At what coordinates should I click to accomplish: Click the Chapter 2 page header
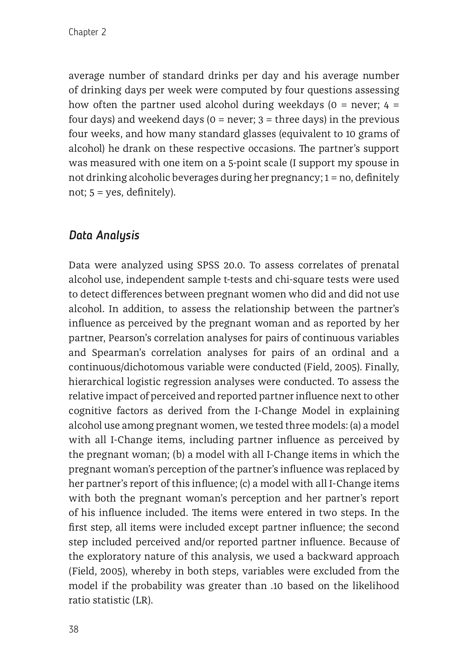(87, 32)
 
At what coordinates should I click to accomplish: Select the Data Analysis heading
(104, 235)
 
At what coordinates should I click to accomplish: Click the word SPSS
(206, 265)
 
